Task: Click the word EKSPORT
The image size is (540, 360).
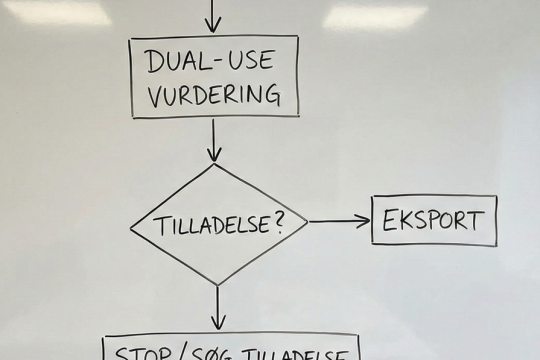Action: (x=433, y=220)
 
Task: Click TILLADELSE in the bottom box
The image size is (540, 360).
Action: (x=299, y=354)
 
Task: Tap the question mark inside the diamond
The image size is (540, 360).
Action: (x=274, y=221)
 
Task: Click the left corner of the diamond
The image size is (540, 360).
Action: (x=133, y=225)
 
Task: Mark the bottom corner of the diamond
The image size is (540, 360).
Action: (x=217, y=285)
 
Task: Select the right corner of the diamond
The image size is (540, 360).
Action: (x=308, y=222)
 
